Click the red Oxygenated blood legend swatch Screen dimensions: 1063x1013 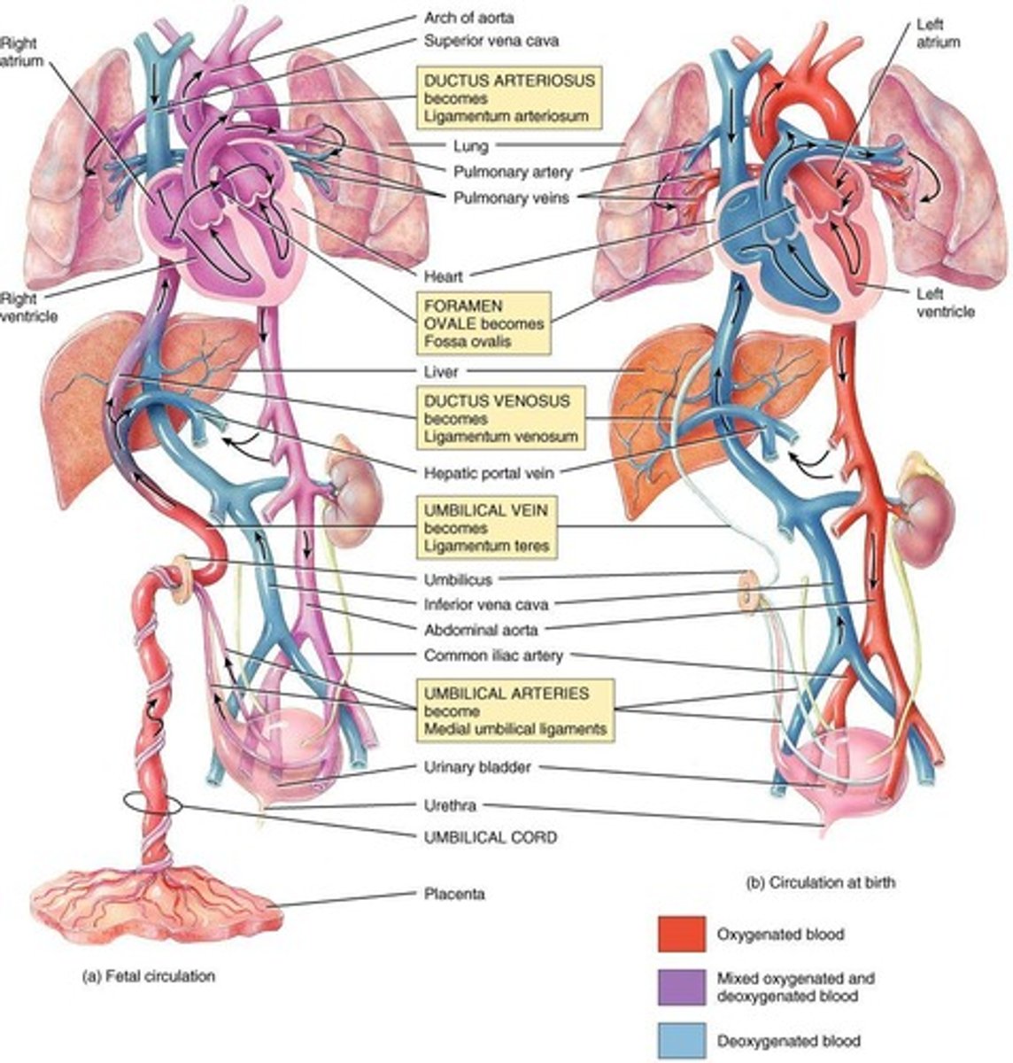point(681,934)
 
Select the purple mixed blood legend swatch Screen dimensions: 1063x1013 point(681,987)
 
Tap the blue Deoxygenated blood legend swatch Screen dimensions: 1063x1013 point(681,1040)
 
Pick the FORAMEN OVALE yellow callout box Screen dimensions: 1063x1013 point(483,323)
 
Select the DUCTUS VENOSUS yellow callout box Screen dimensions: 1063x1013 point(500,418)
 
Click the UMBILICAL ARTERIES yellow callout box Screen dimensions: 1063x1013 point(515,711)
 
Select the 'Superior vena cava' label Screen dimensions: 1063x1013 point(491,41)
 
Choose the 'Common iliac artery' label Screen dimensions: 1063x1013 point(493,656)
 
